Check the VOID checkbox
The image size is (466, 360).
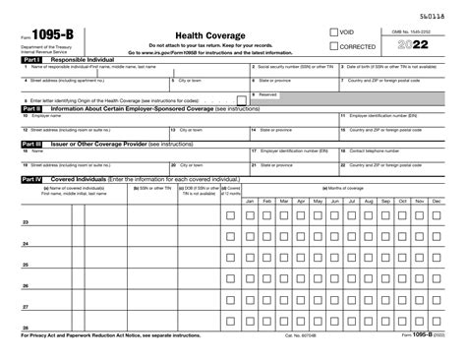pyautogui.click(x=334, y=32)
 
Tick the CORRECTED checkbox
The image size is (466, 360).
pyautogui.click(x=334, y=47)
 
